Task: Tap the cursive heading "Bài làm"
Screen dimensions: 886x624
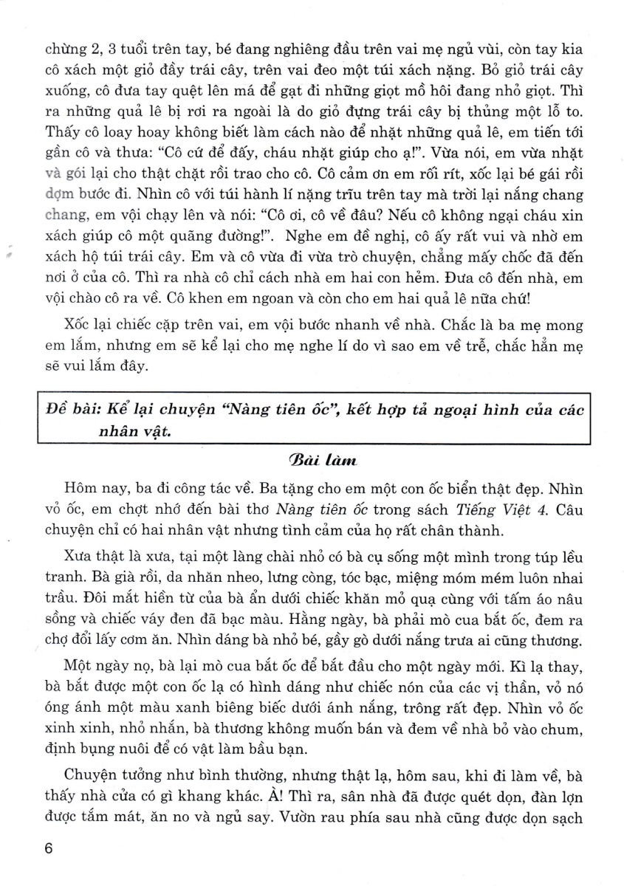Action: tap(312, 461)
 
